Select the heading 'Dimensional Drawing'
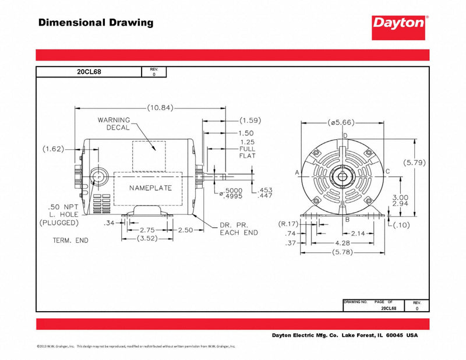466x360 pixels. coord(96,23)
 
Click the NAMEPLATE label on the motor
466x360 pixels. coord(151,189)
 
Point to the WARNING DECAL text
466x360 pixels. coord(114,123)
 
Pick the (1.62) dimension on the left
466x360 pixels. coord(54,149)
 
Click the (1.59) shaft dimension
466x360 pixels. coord(250,121)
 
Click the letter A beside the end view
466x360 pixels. coord(297,172)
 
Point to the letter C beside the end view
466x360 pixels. coord(387,172)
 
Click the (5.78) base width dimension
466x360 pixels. coord(345,252)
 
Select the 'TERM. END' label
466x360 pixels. coord(70,240)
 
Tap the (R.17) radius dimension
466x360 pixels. coord(289,224)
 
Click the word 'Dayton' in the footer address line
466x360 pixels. coord(285,336)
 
